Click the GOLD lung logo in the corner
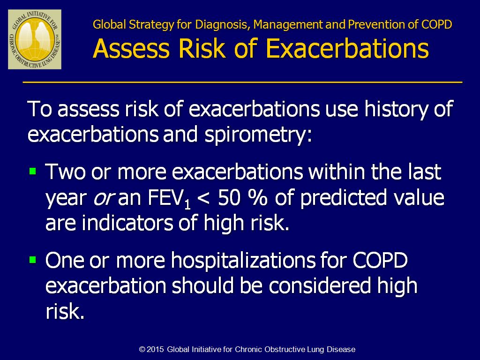pyautogui.click(x=35, y=39)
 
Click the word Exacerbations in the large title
pyautogui.click(x=347, y=49)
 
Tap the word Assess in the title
pyautogui.click(x=131, y=49)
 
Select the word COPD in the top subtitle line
pyautogui.click(x=436, y=24)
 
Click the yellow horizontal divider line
pyautogui.click(x=242, y=82)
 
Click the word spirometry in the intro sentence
pyautogui.click(x=258, y=135)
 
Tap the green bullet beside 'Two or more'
pyautogui.click(x=33, y=171)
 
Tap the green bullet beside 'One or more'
pyautogui.click(x=33, y=260)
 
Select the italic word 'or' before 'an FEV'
pyautogui.click(x=104, y=199)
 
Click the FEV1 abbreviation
pyautogui.click(x=169, y=199)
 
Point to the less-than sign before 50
pyautogui.click(x=204, y=198)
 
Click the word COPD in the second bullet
pyautogui.click(x=380, y=261)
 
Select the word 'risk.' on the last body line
pyautogui.click(x=65, y=311)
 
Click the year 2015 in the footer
pyautogui.click(x=155, y=349)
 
